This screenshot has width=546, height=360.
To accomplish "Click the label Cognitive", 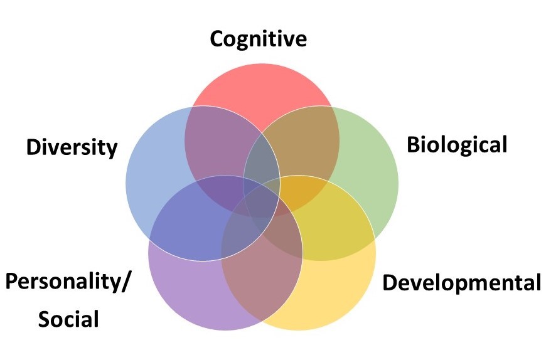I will [x=258, y=39].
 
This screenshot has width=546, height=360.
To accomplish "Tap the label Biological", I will [x=456, y=145].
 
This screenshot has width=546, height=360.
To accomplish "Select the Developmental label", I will [x=461, y=282].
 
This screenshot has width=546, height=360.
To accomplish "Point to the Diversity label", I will [x=72, y=148].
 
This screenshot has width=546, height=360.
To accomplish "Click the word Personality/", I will [x=68, y=282].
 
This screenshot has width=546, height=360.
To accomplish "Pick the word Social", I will [x=68, y=319].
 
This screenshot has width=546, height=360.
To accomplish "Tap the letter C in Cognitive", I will [x=217, y=39].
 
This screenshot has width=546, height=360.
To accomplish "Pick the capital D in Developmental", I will [x=390, y=282].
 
